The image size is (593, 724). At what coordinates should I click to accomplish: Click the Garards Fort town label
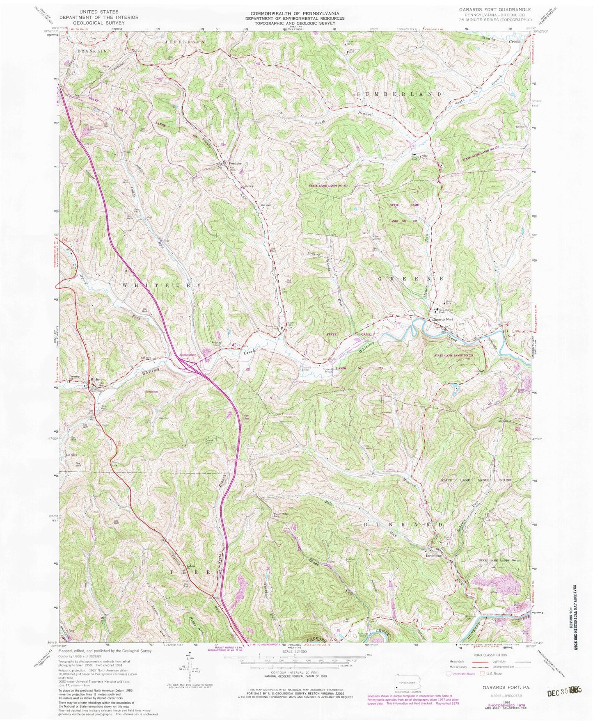[x=442, y=320]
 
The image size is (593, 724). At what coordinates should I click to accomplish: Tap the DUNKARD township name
[x=402, y=525]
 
